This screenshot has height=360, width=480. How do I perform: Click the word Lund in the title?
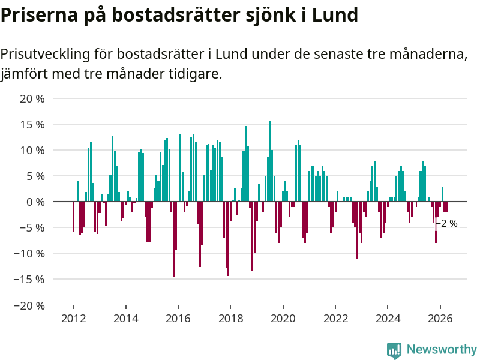tap(335, 14)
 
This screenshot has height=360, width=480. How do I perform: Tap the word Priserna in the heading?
tap(40, 14)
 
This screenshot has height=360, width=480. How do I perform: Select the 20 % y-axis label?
tap(32, 99)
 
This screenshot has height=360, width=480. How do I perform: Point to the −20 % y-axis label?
tap(29, 305)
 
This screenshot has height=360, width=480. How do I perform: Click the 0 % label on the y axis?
tap(35, 202)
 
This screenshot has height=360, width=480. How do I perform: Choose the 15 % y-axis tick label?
tap(32, 125)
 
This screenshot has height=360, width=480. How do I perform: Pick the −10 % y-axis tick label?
tap(29, 254)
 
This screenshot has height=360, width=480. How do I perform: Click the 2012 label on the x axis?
tap(73, 319)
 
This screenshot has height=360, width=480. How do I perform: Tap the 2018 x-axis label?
tap(230, 319)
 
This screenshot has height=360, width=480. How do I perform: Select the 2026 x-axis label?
tap(440, 319)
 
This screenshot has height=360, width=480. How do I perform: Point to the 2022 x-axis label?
tap(335, 319)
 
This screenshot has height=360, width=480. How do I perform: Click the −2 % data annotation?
tap(446, 223)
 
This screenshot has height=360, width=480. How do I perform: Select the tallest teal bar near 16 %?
tap(269, 161)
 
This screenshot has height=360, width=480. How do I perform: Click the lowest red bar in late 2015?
tap(173, 239)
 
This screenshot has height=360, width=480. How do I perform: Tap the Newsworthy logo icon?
tap(394, 350)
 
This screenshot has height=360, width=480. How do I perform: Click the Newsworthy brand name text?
tap(442, 349)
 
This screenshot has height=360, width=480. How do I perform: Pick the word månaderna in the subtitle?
tap(428, 54)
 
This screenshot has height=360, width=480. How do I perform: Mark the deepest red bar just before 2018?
tap(228, 239)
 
